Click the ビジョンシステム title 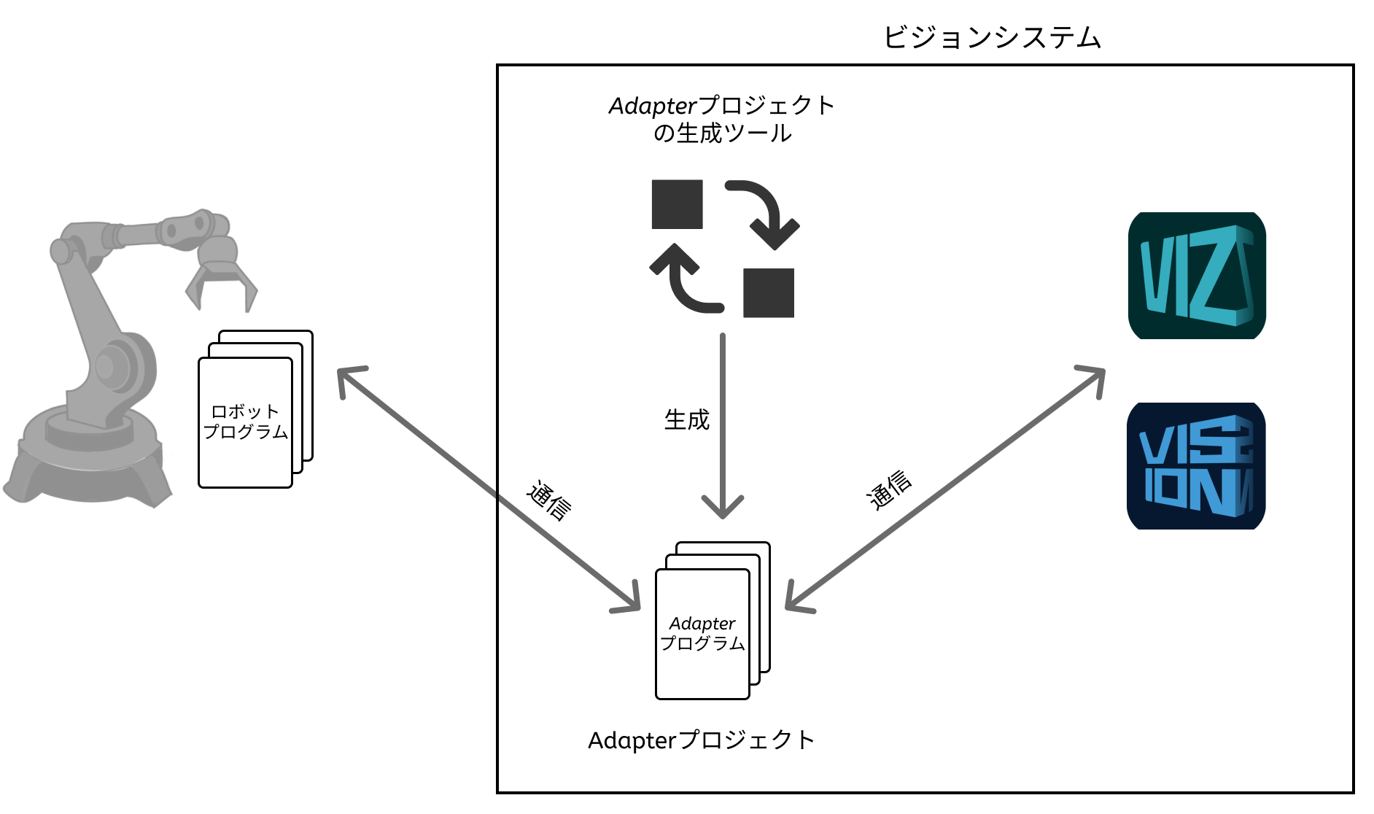(992, 37)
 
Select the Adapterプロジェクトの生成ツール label (722, 119)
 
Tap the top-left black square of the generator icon (677, 204)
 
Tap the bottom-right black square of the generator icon (769, 292)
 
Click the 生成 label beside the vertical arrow (686, 420)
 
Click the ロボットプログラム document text (245, 422)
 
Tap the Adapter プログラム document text (702, 633)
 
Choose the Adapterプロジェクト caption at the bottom (701, 740)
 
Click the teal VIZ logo (1197, 276)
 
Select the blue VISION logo (1196, 466)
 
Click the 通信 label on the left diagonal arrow (549, 500)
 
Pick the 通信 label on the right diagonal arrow (889, 489)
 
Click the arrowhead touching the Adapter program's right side (795, 601)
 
